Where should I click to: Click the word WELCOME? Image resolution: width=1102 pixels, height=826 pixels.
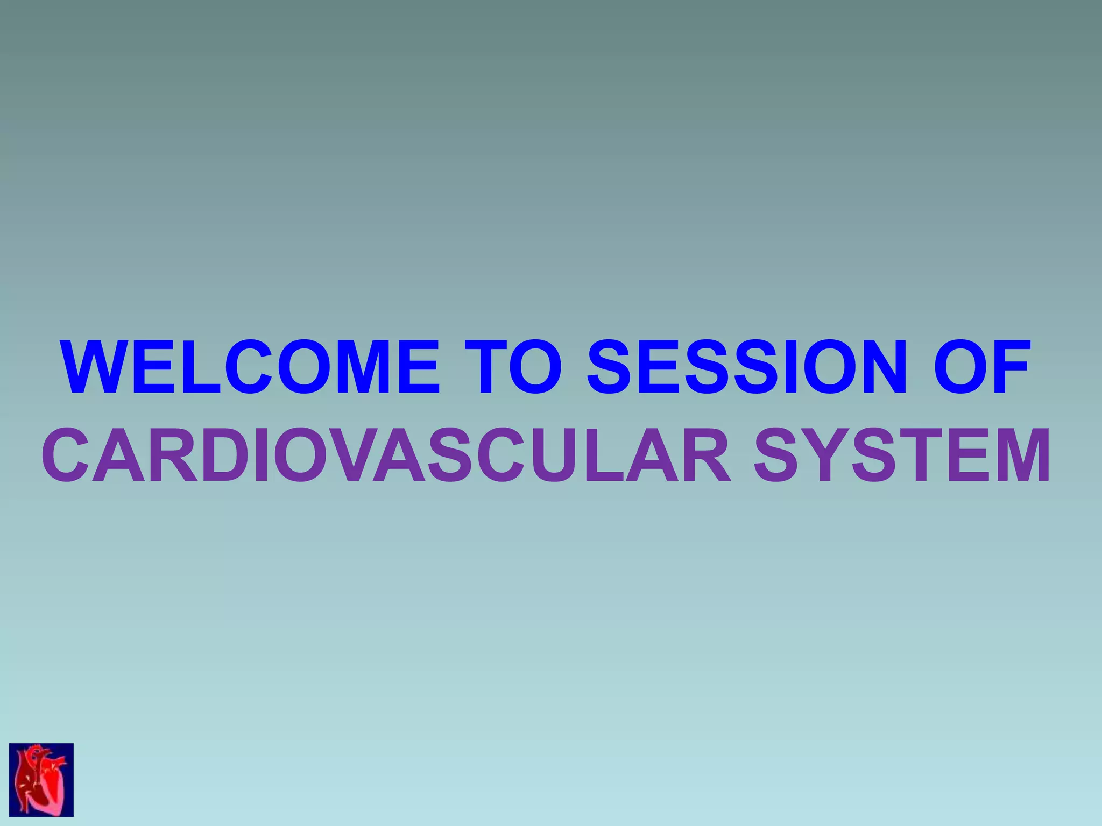(x=251, y=367)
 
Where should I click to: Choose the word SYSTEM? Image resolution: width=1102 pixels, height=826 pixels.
(x=902, y=455)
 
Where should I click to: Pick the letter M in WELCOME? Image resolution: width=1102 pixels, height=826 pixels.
(x=355, y=367)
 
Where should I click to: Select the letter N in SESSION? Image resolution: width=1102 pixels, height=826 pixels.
(x=877, y=367)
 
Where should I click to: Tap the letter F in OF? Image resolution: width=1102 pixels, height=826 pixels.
(x=1009, y=367)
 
